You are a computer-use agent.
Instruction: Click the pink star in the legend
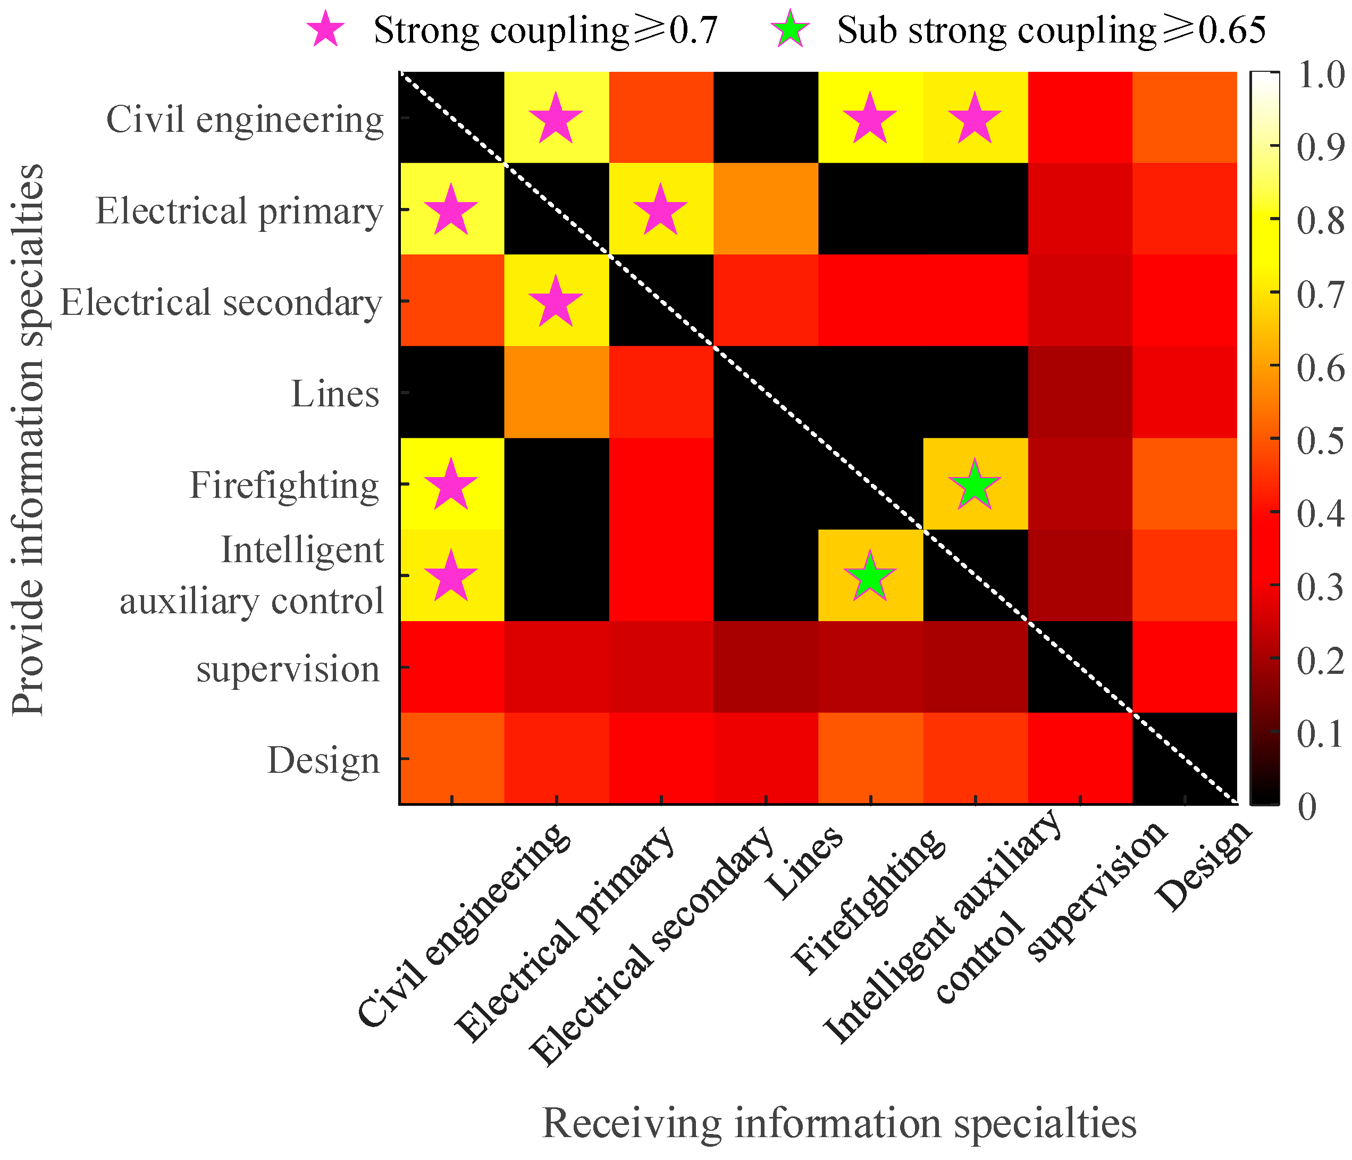(325, 29)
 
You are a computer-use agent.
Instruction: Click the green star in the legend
(790, 29)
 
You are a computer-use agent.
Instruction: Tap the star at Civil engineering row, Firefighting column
(870, 118)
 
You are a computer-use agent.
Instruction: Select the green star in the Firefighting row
(974, 485)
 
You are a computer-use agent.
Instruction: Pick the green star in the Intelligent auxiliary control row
(870, 576)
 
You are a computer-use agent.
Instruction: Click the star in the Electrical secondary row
(555, 301)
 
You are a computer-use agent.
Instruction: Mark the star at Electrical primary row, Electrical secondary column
(660, 210)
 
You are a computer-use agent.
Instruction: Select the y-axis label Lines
(335, 394)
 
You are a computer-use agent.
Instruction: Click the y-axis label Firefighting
(284, 486)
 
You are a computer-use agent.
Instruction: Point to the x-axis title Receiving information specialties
(839, 1123)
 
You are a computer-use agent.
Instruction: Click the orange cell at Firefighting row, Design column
(1185, 483)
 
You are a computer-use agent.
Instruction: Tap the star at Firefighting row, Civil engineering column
(451, 485)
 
